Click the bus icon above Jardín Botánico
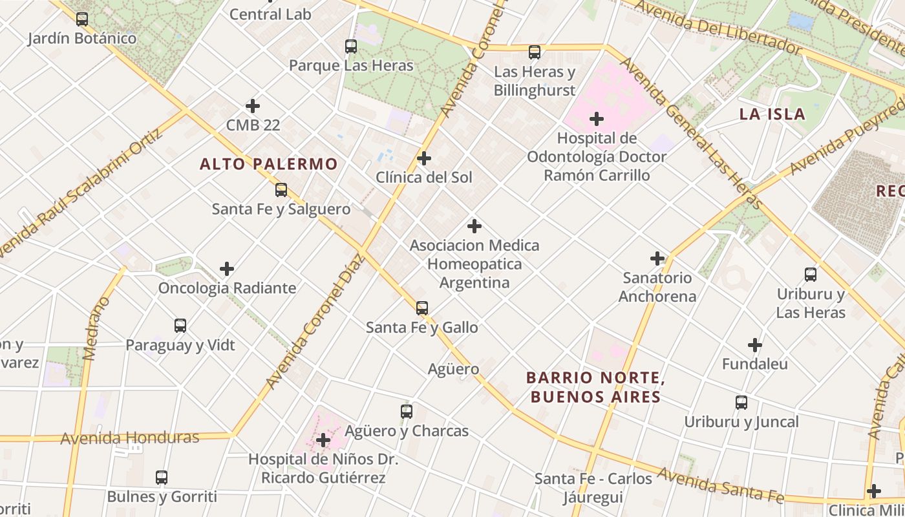(82, 19)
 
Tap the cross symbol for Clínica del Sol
(424, 158)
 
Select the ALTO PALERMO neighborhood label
(269, 164)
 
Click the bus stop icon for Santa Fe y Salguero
(281, 190)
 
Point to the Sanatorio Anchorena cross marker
(657, 259)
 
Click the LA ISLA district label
(772, 114)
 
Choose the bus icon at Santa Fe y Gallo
(422, 308)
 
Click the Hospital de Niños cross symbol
(323, 441)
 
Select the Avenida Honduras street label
(129, 438)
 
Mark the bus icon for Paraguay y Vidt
(180, 326)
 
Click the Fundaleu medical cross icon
(755, 345)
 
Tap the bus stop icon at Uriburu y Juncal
(741, 403)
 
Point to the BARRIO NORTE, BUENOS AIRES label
(595, 386)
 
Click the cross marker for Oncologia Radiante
(227, 269)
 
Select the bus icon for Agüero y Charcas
(407, 412)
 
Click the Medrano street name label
(94, 328)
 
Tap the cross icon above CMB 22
(253, 106)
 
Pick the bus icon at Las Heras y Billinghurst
(535, 52)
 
